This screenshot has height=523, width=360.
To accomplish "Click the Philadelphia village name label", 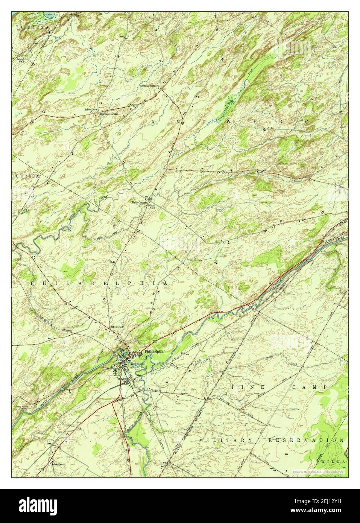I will (x=154, y=351).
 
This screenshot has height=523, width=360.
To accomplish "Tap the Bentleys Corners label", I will (x=149, y=86).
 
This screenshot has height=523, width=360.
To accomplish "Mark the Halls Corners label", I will (x=139, y=202).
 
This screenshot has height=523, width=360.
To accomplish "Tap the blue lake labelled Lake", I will (x=49, y=15).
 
